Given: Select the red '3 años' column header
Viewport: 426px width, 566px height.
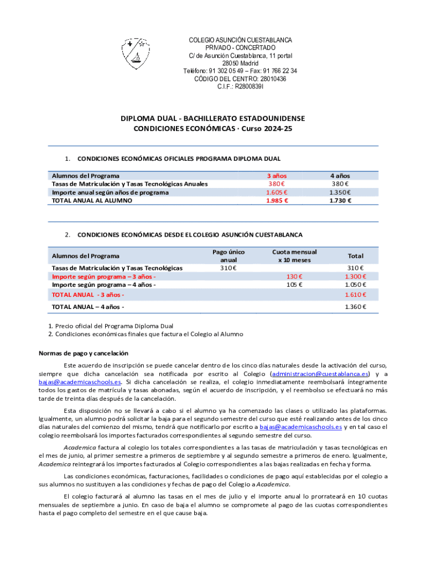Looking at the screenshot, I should click(277, 176).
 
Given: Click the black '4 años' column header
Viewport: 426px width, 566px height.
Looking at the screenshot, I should click(340, 176).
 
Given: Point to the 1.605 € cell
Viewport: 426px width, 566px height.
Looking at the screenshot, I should click(277, 192).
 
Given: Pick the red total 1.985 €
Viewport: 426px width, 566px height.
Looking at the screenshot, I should click(277, 201).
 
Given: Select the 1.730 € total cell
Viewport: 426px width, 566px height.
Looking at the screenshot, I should click(340, 201).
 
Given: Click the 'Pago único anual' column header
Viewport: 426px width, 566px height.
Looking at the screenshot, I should click(228, 255).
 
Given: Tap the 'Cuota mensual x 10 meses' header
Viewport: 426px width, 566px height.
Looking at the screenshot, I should click(294, 255).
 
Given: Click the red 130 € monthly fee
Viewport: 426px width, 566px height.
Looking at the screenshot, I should click(294, 276).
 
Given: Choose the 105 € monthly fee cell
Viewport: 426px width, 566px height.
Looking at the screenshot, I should click(294, 285).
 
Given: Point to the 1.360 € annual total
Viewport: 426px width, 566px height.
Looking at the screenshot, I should click(354, 306).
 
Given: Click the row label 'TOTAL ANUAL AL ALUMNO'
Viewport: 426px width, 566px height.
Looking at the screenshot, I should click(92, 201).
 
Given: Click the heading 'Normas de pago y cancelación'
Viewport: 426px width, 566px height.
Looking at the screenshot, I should click(83, 353).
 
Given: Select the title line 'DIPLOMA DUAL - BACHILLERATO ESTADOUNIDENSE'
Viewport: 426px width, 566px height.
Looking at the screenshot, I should click(213, 118).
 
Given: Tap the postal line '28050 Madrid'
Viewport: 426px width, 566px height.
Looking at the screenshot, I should click(240, 63).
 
